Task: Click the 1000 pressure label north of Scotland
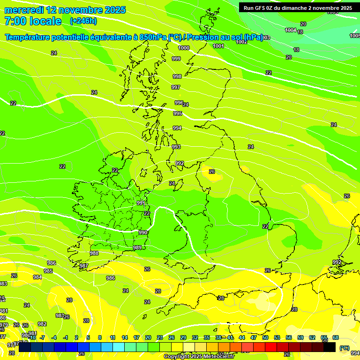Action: (184, 48)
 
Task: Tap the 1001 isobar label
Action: (218, 46)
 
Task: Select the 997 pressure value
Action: (176, 87)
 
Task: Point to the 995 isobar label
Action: (177, 113)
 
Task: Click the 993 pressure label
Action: (176, 147)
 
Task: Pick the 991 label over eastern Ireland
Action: (141, 203)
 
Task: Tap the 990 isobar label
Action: (143, 232)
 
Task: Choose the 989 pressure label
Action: (137, 247)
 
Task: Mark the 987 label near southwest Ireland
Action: (84, 266)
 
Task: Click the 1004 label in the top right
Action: (291, 30)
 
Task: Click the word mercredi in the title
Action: (24, 10)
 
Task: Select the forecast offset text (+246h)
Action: (83, 21)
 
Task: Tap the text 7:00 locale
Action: (33, 21)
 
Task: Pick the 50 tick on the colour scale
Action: (265, 337)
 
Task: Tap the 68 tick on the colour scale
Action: (336, 337)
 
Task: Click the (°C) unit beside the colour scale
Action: (344, 348)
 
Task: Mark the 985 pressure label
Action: (48, 271)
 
